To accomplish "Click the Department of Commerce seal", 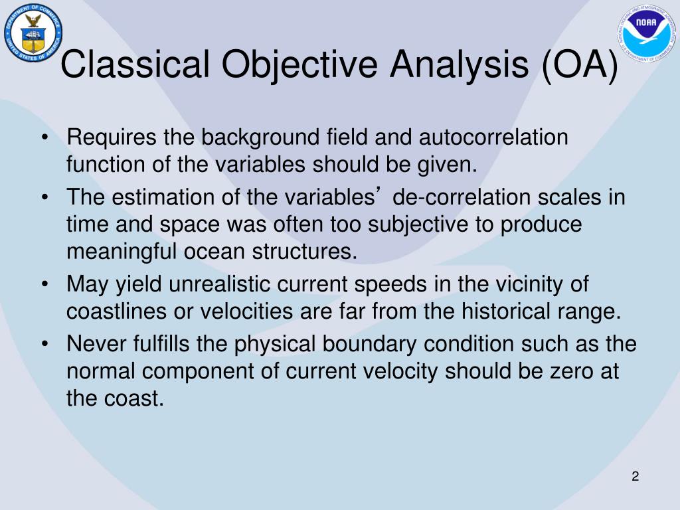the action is click(33, 33).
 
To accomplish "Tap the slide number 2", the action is click(636, 476).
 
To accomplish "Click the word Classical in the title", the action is click(135, 64).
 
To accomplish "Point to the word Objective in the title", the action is click(299, 65).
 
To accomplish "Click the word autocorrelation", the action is click(493, 137).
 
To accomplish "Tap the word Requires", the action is click(112, 138).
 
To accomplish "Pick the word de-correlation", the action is click(461, 197).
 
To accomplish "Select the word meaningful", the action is click(122, 252).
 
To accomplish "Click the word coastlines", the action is click(116, 311).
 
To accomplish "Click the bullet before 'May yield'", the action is click(44, 285).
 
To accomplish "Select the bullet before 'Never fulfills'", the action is click(44, 345).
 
